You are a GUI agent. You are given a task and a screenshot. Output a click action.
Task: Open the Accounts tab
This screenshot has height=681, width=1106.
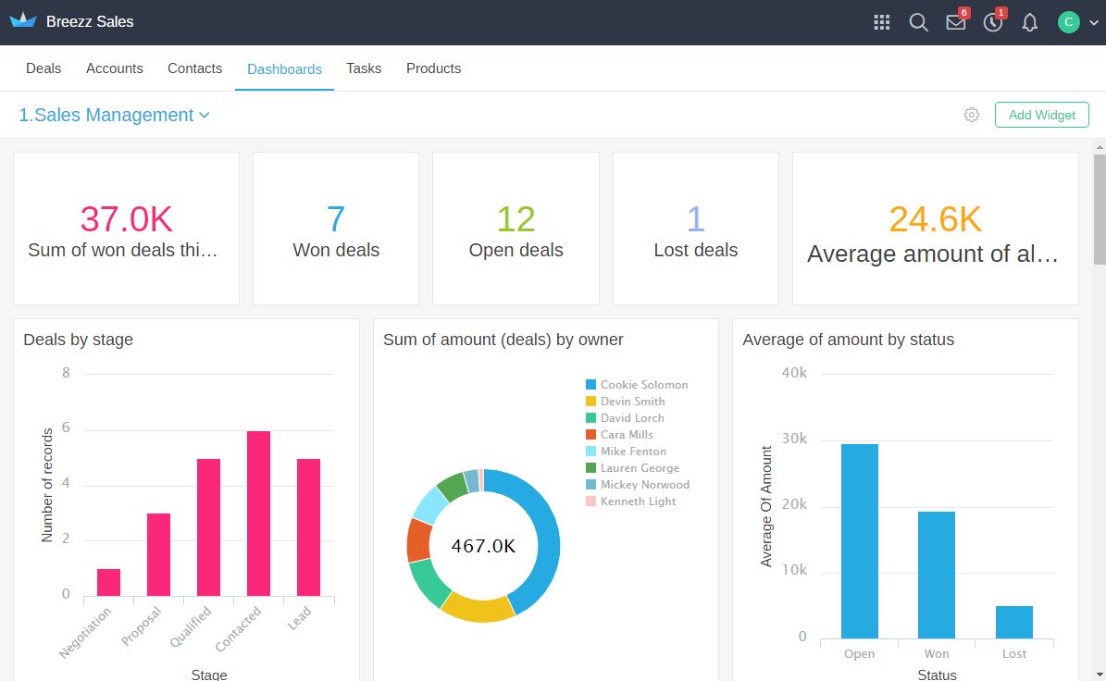(x=115, y=68)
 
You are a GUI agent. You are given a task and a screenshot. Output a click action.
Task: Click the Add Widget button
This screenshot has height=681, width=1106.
(x=1041, y=115)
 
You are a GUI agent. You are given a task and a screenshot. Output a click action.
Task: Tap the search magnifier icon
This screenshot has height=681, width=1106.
(x=918, y=22)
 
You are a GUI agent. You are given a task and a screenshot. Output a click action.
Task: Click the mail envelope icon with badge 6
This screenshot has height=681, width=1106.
(x=956, y=22)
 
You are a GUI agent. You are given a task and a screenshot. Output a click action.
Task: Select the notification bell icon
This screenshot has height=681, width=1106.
(x=1029, y=22)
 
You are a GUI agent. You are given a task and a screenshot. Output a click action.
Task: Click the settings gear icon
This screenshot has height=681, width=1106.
(x=971, y=115)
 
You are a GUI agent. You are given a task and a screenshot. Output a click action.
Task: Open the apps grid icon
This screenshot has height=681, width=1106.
(x=882, y=22)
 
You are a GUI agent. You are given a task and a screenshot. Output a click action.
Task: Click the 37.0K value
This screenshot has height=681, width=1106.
(x=126, y=219)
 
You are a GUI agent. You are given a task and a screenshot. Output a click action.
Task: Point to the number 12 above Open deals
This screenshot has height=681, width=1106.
(x=516, y=219)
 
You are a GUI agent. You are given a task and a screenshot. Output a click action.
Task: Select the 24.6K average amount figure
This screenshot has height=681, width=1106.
(x=935, y=219)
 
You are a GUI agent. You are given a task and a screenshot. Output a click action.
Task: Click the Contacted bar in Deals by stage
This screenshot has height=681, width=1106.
(x=258, y=514)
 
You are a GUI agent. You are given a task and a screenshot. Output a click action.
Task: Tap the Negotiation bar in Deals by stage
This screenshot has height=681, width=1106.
(x=108, y=582)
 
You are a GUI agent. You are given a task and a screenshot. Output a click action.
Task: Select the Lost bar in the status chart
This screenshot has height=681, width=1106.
(x=1014, y=622)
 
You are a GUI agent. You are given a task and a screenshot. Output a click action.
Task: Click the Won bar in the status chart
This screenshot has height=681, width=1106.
(x=937, y=574)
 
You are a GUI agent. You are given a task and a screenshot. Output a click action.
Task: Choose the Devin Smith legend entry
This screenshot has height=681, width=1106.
(x=632, y=402)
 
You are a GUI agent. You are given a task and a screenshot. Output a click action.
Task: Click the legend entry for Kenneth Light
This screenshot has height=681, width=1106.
(x=638, y=501)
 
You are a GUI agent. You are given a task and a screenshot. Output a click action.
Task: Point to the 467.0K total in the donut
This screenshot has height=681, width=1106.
(x=483, y=546)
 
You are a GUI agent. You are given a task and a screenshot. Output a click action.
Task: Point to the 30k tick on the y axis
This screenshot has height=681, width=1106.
(x=795, y=440)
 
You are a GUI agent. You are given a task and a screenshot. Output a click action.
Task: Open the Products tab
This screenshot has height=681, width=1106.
(x=433, y=68)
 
